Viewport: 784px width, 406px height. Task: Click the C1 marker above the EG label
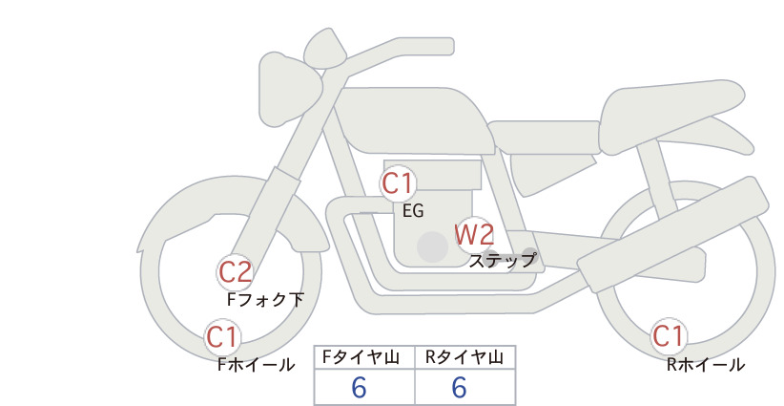pos(397,183)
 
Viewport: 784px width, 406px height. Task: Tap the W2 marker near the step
pos(474,235)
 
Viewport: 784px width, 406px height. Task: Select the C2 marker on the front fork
pos(235,273)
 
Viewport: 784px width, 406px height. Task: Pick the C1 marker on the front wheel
pos(222,337)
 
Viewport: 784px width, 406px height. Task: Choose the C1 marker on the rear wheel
pos(668,336)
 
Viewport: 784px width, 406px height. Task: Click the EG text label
pos(413,211)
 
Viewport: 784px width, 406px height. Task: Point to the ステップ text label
pos(502,261)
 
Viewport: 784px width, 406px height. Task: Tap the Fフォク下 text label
pos(265,299)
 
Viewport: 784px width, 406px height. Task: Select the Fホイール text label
pos(256,365)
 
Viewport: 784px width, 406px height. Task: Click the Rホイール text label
pos(706,365)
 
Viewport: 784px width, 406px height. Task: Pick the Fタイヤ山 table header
pos(361,357)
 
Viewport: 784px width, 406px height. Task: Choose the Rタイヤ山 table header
pos(464,357)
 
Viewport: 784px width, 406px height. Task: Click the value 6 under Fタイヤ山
pos(359,387)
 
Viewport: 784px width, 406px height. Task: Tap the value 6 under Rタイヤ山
pos(459,387)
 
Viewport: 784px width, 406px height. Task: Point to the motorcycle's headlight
pos(288,89)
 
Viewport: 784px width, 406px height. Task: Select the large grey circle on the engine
pos(432,246)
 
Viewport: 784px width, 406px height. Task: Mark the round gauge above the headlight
pos(325,48)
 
